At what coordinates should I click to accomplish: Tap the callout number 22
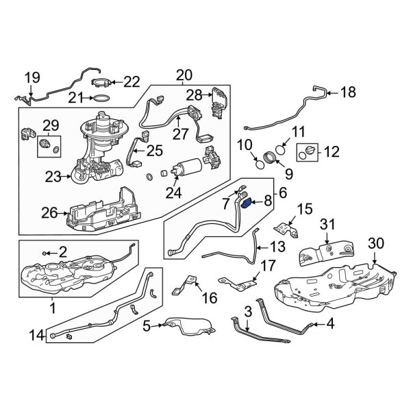(x=131, y=82)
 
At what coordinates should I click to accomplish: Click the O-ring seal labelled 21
(x=101, y=99)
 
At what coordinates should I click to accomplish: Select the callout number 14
(x=36, y=335)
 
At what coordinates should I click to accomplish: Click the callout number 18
(x=349, y=92)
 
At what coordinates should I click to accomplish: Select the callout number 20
(x=184, y=75)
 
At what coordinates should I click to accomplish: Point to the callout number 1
(x=53, y=309)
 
